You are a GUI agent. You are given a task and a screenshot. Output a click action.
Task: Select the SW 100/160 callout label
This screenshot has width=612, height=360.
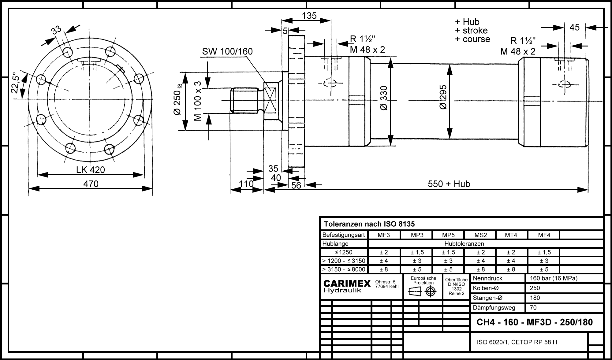point(227,51)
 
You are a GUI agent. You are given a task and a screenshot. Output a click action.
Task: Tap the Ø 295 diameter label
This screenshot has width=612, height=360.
point(443,97)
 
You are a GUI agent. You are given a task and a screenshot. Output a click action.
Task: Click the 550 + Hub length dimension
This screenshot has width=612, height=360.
point(449,184)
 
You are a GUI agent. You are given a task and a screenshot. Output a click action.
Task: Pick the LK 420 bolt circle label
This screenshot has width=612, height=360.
point(91,170)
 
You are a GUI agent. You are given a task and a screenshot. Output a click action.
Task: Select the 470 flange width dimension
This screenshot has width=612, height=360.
point(91,184)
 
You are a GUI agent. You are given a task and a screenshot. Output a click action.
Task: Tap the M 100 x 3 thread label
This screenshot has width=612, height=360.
point(198,101)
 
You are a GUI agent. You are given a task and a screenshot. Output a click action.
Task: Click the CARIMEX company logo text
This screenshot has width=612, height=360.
point(347,284)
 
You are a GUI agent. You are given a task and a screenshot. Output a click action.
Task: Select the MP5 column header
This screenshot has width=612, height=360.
point(448,235)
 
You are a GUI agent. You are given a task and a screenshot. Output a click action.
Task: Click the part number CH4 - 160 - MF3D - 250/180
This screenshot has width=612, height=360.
point(535,322)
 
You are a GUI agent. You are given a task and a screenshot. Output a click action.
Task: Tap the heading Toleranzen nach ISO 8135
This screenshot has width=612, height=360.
point(369,224)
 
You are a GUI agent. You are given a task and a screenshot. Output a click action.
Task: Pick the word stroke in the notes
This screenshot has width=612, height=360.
point(475,31)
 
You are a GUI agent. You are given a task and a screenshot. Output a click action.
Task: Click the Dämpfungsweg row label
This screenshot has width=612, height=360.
point(494,308)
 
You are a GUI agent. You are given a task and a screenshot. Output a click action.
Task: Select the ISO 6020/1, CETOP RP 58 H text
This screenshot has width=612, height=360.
point(517,342)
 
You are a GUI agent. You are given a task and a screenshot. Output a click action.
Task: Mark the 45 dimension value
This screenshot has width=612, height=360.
point(574,28)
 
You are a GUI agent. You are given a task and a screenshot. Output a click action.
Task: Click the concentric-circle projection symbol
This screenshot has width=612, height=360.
point(431,291)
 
